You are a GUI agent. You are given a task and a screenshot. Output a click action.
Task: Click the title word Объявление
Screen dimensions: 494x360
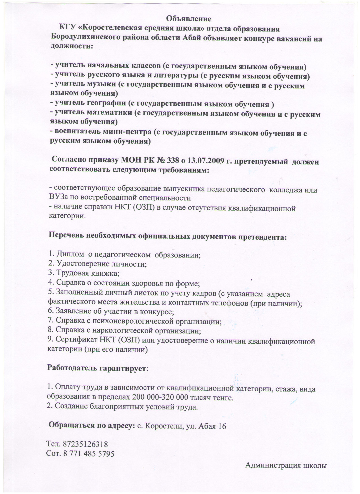[189, 19]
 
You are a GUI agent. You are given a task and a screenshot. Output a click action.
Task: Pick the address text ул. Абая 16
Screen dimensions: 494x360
[207, 426]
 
